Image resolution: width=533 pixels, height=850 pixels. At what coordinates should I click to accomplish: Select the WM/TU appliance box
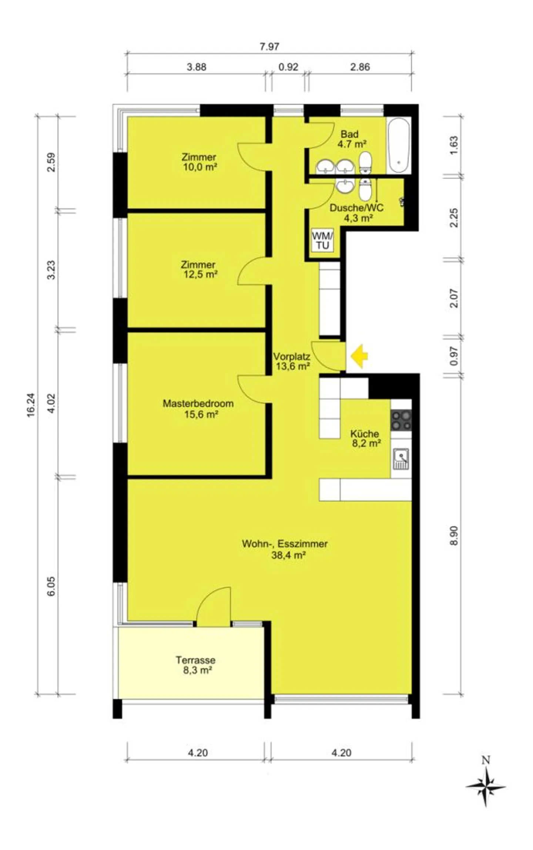coord(322,240)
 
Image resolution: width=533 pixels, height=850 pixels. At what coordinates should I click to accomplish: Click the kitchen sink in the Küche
coord(401,459)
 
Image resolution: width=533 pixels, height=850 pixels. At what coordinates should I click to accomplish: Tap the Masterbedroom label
coord(198,403)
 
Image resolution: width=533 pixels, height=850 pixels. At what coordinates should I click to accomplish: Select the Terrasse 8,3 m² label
coord(195,665)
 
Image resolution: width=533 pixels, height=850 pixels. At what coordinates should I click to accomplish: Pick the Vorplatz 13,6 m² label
coord(291,362)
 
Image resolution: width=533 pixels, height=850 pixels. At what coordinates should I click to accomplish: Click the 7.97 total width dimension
coord(269,47)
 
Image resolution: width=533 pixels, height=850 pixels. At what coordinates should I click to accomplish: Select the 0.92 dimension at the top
coord(288,67)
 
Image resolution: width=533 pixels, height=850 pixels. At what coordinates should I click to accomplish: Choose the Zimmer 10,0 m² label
coord(199,162)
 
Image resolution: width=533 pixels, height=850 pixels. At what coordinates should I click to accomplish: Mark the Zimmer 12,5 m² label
coord(199,269)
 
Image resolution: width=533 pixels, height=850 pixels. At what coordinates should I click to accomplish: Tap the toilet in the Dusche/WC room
coord(365,190)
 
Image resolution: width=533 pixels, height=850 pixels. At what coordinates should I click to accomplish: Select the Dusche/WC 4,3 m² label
coord(357,213)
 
